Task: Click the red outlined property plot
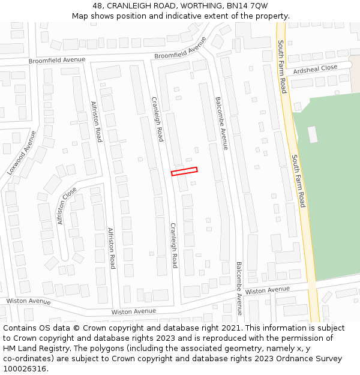point(184,172)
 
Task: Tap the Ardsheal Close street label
point(311,69)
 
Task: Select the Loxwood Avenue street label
point(22,153)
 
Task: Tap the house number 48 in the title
point(98,6)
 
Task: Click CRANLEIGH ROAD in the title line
point(137,6)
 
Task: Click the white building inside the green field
point(313,134)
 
